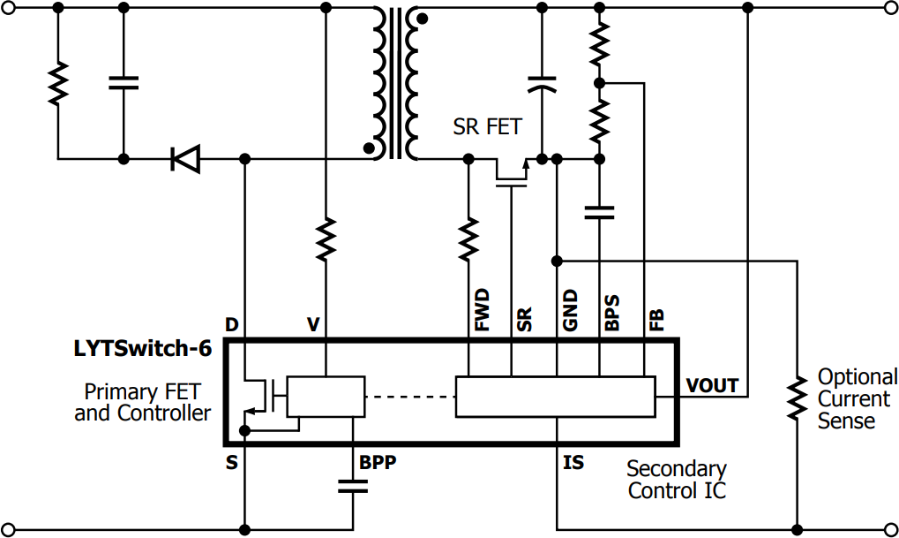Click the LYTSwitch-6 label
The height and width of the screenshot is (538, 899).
142,349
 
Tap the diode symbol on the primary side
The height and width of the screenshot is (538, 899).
185,159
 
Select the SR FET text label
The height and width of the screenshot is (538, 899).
487,127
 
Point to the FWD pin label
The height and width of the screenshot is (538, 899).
482,310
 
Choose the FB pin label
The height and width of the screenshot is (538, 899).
656,319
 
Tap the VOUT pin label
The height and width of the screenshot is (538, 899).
712,384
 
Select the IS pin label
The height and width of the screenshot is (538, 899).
573,463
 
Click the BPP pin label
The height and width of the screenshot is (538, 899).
378,463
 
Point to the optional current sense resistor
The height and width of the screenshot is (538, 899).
797,397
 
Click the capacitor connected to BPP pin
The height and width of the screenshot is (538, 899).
352,485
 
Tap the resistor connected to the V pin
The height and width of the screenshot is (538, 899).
326,239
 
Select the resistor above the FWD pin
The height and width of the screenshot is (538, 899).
468,239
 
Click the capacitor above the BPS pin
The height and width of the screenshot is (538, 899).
600,211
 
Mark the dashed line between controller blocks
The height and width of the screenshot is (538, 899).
409,397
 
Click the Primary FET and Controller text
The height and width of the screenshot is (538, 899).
142,402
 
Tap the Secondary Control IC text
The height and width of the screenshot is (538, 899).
677,480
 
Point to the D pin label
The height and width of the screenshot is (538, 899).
231,325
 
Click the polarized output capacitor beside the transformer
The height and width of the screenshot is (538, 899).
542,85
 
